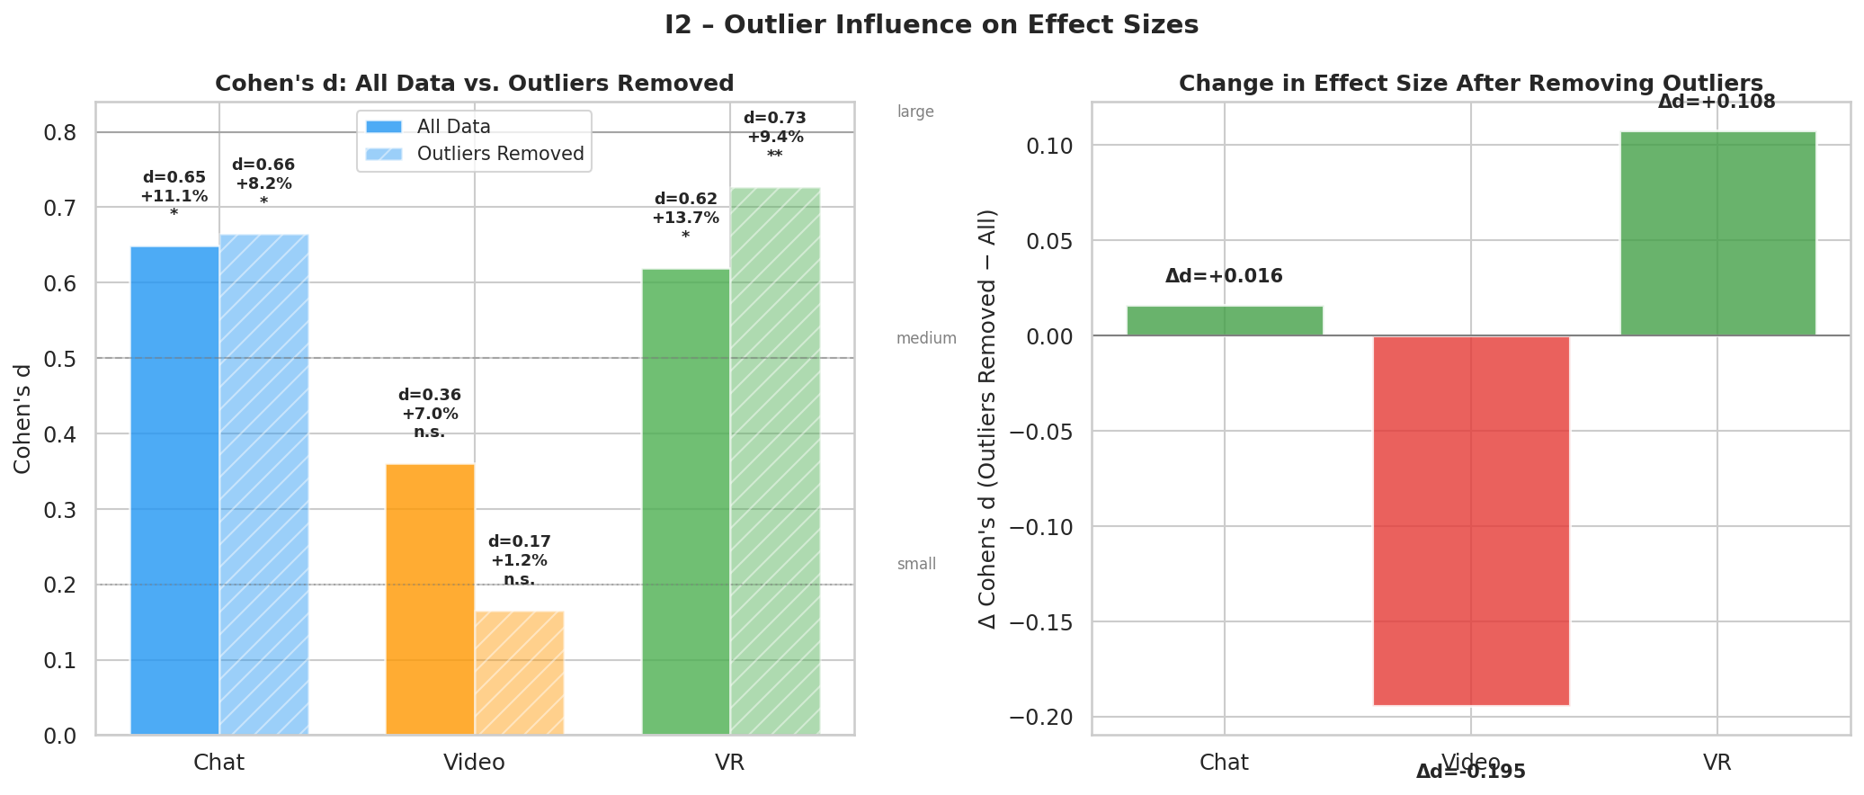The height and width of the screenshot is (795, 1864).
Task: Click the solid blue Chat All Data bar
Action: coord(174,490)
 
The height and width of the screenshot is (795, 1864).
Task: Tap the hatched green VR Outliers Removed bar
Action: coord(774,460)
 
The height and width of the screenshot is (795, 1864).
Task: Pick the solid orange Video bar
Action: coord(430,599)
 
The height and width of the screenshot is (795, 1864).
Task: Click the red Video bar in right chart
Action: coord(1470,520)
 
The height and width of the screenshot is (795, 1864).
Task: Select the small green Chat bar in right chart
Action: coord(1224,321)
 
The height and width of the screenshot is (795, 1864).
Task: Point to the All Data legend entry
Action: coord(453,127)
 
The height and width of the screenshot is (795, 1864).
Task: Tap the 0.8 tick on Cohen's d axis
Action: coord(59,133)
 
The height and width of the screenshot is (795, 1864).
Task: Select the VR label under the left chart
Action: coord(729,763)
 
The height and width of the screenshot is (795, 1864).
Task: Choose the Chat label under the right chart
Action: coord(1224,763)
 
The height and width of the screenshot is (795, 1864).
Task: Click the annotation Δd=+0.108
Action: coord(1716,102)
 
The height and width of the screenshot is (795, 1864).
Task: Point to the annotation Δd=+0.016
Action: coord(1224,276)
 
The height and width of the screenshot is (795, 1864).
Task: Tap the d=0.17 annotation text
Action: coord(519,541)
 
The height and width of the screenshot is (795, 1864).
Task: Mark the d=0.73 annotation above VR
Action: coord(774,118)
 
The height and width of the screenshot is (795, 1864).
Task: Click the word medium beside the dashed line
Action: coord(926,338)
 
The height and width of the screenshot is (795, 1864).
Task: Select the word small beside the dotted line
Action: coord(916,564)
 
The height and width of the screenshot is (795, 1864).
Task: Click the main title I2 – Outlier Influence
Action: coord(931,25)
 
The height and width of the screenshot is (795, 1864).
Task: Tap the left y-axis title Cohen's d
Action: coord(22,418)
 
